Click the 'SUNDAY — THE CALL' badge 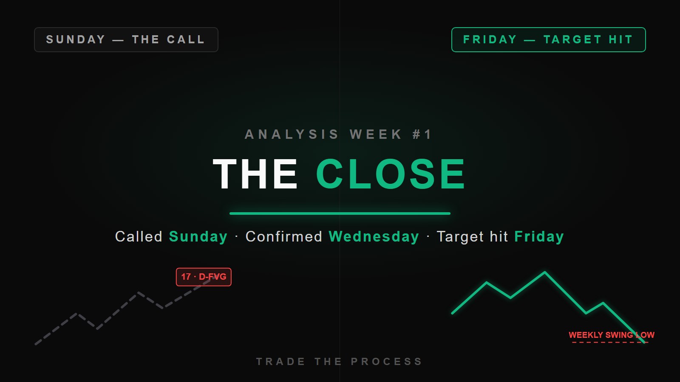click(126, 40)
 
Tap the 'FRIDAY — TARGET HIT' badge click(549, 40)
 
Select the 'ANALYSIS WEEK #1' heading click(338, 134)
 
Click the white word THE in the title click(255, 174)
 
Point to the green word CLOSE click(391, 174)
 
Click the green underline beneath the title click(340, 213)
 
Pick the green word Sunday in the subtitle click(198, 237)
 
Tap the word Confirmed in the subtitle click(284, 236)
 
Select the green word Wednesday click(374, 237)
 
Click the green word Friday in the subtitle click(539, 237)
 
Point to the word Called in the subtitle click(139, 236)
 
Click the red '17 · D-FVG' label click(204, 277)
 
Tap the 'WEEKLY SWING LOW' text click(612, 335)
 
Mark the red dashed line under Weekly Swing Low click(610, 343)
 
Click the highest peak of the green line click(544, 272)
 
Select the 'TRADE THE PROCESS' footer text click(340, 361)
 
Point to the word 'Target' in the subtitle click(460, 237)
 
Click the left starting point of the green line click(452, 313)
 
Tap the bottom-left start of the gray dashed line click(36, 344)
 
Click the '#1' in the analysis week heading click(422, 134)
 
